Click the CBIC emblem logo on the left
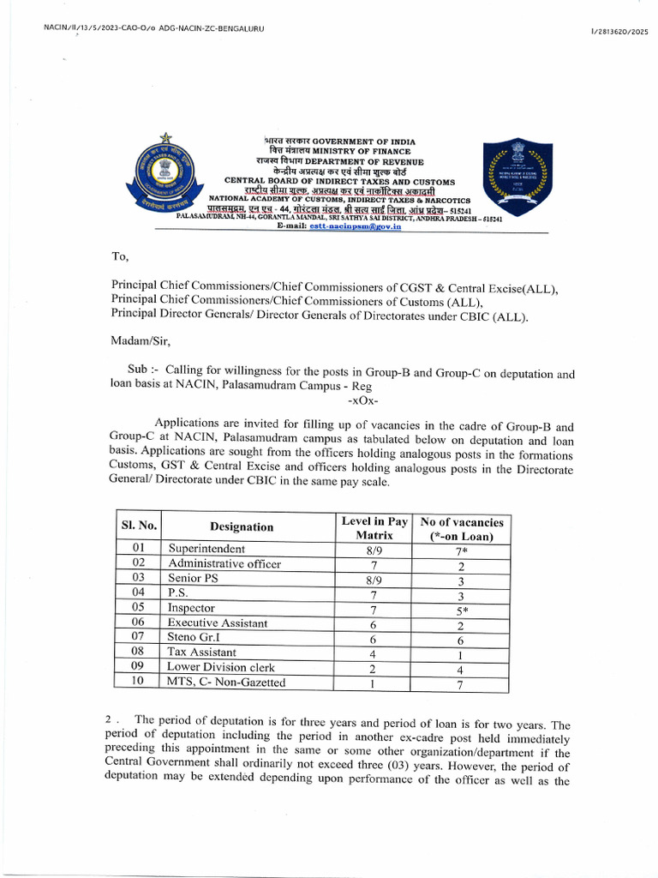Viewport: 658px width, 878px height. pos(163,174)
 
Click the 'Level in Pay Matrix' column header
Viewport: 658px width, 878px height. pos(374,527)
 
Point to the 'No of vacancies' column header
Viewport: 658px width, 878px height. pos(461,528)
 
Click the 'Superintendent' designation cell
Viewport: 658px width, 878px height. pos(206,549)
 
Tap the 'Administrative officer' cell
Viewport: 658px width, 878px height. pos(224,563)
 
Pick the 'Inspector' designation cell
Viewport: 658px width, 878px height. pos(191,608)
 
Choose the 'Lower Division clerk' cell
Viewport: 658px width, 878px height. pos(221,667)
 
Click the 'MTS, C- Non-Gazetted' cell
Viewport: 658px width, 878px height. pos(227,683)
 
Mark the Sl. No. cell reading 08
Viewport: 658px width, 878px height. pos(137,652)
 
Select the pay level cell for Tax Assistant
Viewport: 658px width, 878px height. pos(374,653)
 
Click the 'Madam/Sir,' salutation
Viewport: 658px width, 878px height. pos(141,341)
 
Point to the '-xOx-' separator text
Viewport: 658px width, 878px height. pos(363,400)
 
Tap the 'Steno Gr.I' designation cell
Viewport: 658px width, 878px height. pos(194,638)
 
